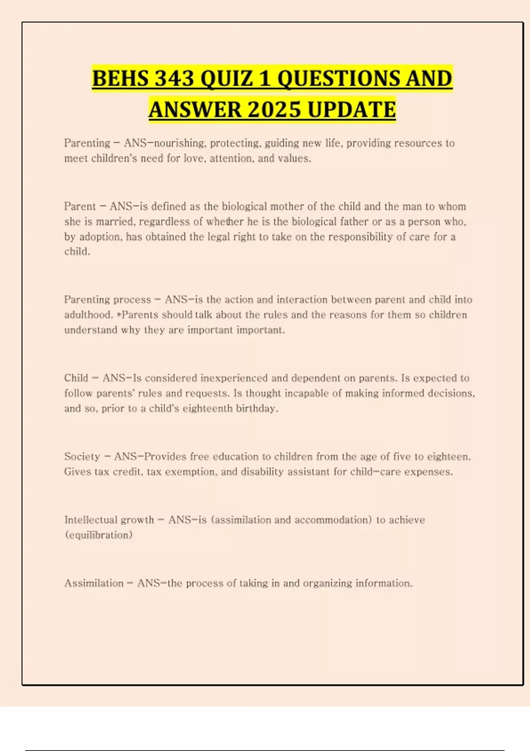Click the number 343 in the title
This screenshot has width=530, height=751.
click(x=174, y=79)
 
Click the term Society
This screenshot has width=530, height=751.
click(x=82, y=456)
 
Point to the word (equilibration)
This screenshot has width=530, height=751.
click(x=98, y=535)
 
